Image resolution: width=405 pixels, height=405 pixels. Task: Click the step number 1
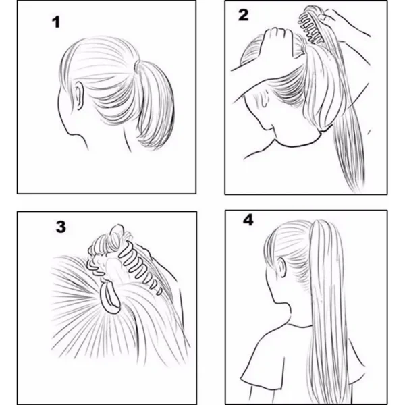click(x=57, y=22)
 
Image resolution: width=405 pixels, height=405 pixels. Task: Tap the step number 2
click(x=244, y=16)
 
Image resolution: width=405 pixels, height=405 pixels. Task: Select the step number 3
click(x=61, y=226)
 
